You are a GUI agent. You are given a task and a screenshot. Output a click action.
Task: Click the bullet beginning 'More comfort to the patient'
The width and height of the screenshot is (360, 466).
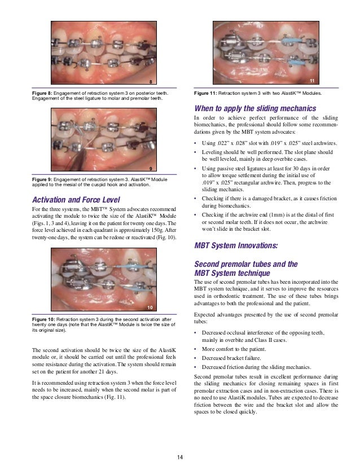(230, 350)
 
